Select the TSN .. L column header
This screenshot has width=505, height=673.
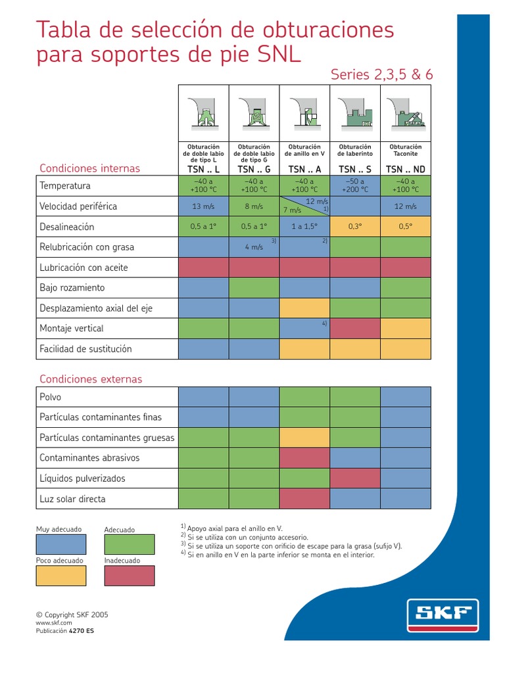(x=204, y=169)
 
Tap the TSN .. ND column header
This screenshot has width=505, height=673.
(x=406, y=169)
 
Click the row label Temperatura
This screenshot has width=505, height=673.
(x=65, y=186)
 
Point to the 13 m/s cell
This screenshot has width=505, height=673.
(x=204, y=206)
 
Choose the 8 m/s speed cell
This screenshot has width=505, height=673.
(x=254, y=206)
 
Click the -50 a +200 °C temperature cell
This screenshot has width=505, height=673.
(x=355, y=186)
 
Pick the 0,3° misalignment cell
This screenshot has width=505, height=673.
(x=355, y=227)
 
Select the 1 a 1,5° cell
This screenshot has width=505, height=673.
(x=304, y=227)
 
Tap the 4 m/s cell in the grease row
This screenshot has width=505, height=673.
(x=254, y=247)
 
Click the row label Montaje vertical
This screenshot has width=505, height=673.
(x=72, y=329)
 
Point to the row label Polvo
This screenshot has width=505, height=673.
(x=51, y=397)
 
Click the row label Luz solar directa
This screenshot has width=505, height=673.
(x=72, y=499)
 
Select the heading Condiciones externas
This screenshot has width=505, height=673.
(x=91, y=379)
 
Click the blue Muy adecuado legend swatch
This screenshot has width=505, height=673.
(x=60, y=544)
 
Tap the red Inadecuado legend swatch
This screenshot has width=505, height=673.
(x=130, y=576)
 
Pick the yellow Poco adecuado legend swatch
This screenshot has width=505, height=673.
(x=60, y=576)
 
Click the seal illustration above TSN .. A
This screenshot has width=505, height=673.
(x=304, y=112)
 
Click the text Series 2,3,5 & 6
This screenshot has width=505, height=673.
(x=382, y=75)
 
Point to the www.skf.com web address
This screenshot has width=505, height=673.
(x=54, y=622)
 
